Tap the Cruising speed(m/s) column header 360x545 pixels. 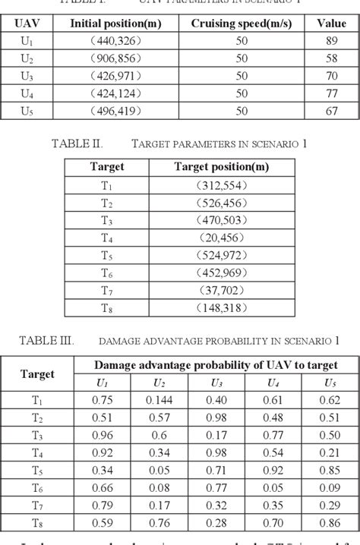241,24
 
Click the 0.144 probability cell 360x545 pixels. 159,401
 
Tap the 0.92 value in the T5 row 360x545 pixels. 275,471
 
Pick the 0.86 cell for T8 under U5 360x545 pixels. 330,523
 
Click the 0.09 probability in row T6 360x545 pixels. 330,488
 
